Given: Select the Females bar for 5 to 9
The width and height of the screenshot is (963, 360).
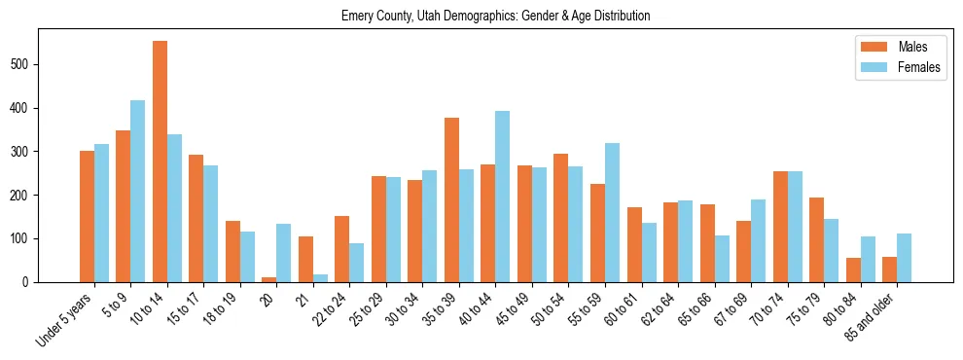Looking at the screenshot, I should click(x=138, y=191).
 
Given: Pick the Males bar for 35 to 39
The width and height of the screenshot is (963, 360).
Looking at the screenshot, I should click(x=451, y=199).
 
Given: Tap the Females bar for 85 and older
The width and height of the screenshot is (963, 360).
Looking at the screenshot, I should click(x=905, y=258).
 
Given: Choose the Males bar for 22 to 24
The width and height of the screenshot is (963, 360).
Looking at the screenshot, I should click(x=342, y=249).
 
